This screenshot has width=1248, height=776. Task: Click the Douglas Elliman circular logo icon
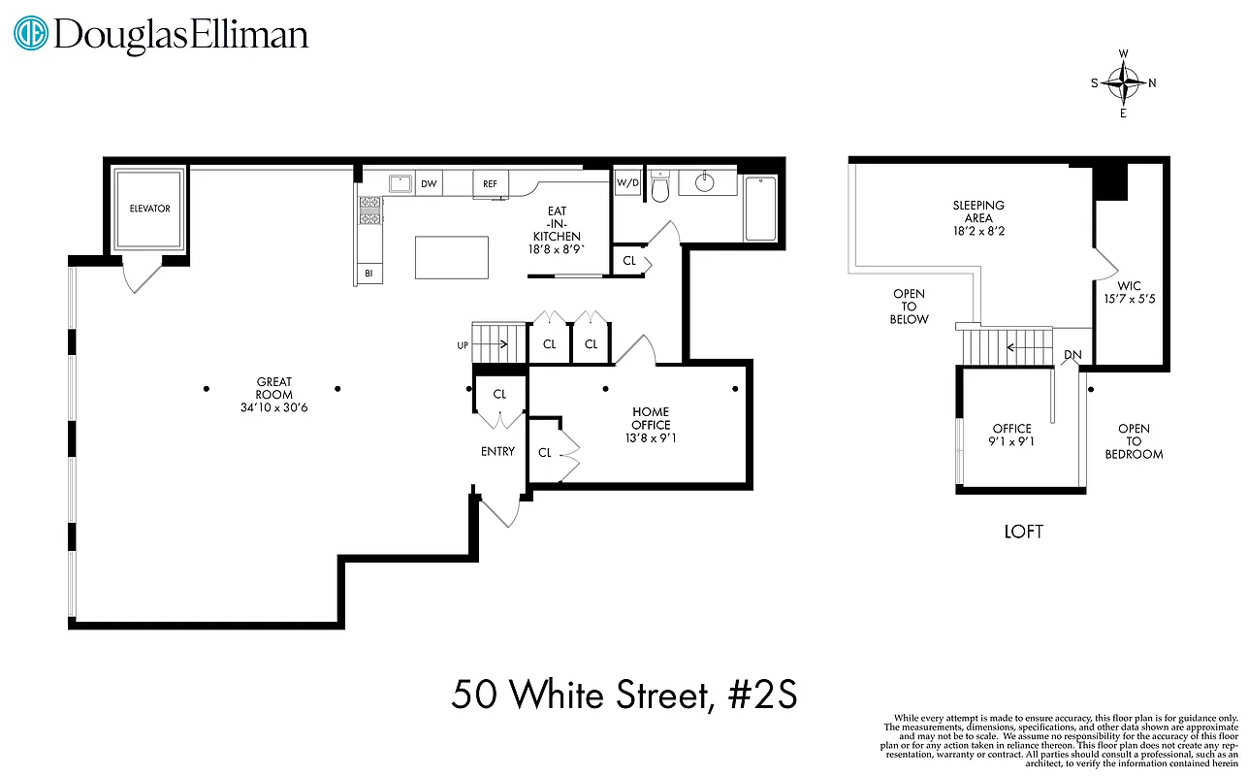[31, 34]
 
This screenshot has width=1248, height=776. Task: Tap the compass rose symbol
[1124, 82]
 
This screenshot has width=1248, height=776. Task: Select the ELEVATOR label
[150, 209]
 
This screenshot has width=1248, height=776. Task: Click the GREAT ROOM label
[274, 388]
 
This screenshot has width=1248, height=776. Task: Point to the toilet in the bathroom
[660, 186]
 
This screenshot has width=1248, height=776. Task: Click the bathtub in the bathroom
[759, 208]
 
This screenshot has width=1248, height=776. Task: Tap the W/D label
[627, 182]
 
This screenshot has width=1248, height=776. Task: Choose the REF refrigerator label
[490, 183]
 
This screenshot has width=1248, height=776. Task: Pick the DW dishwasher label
[429, 183]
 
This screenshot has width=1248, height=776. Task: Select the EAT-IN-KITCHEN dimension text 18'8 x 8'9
[556, 249]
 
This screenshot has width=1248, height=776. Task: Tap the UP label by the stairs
[463, 345]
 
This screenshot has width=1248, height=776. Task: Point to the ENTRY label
[497, 452]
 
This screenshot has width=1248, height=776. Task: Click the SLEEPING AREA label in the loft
[978, 212]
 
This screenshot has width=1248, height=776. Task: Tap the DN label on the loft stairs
[1072, 355]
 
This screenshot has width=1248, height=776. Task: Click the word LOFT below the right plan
[1024, 532]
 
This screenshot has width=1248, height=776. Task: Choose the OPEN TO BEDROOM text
[1134, 441]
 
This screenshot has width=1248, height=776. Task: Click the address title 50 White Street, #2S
[624, 695]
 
